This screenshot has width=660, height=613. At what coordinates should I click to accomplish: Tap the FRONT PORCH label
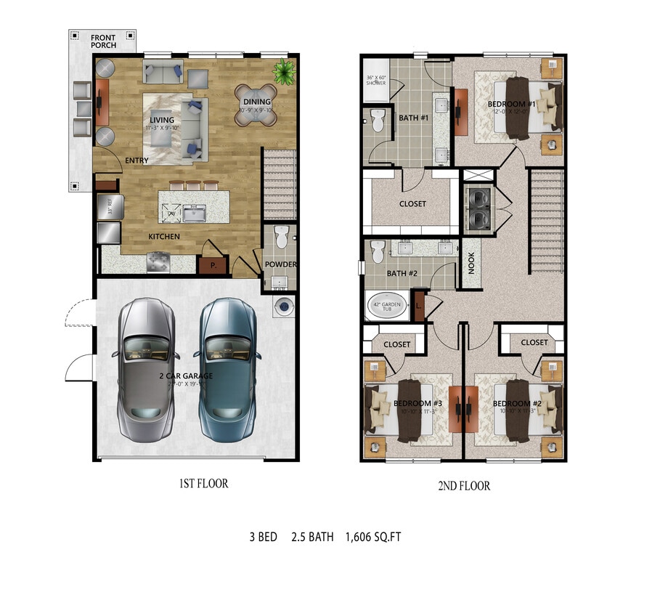point(102,41)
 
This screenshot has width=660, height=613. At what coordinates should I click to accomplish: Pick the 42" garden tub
point(386,306)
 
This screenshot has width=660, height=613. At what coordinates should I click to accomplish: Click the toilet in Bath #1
point(377,121)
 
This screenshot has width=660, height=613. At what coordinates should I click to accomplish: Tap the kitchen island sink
point(194,213)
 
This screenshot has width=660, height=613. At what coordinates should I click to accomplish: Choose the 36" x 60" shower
point(375,81)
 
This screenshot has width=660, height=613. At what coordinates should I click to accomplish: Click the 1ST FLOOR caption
point(203,484)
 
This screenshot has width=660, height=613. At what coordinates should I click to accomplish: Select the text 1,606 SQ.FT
point(372,537)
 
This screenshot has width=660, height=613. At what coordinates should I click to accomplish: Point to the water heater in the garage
point(283,306)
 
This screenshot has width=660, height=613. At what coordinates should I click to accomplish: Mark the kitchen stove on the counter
point(158,261)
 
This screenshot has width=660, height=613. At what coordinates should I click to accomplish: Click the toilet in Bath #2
point(377,252)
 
